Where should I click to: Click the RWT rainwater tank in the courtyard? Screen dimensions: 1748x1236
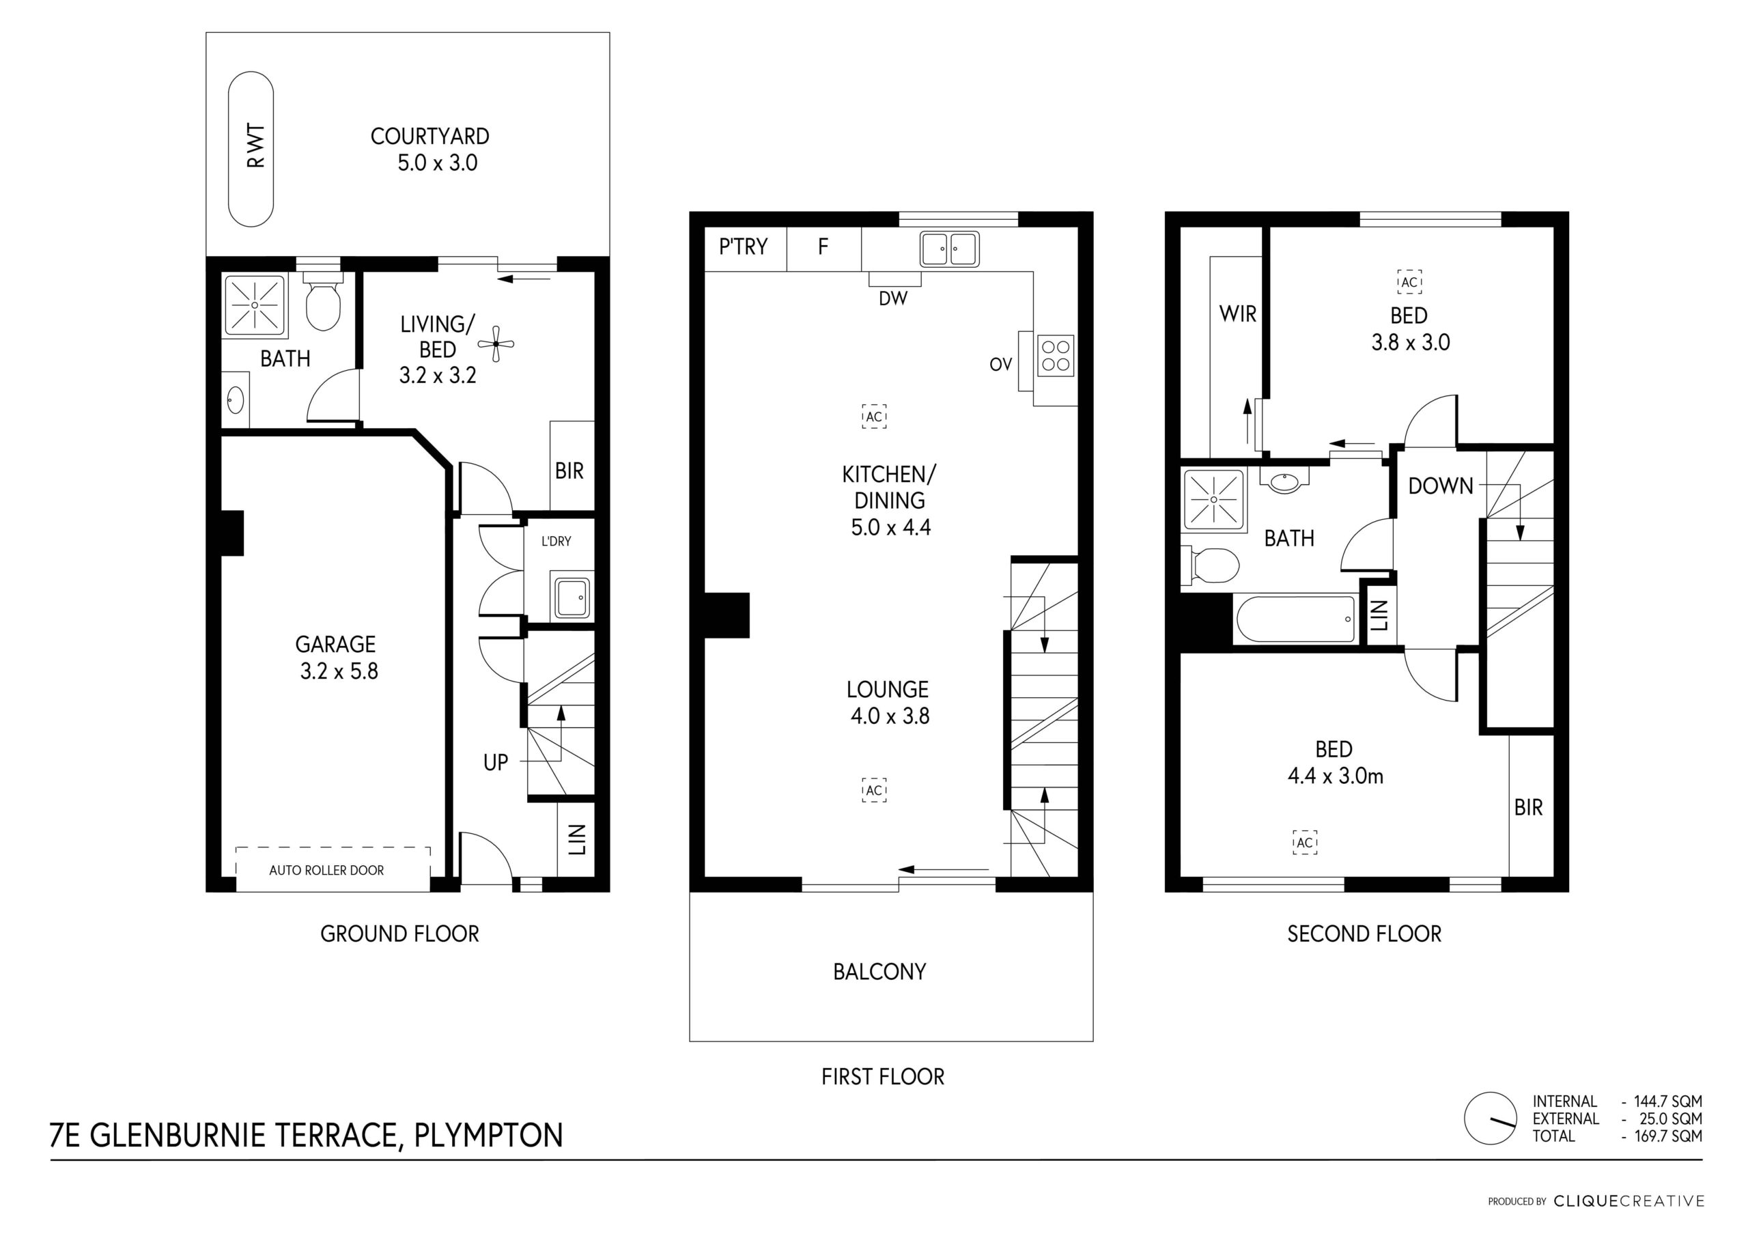251,150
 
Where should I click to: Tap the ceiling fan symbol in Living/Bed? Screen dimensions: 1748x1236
496,344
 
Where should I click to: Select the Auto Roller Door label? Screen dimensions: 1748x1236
326,870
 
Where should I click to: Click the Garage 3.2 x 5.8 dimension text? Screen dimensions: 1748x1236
339,671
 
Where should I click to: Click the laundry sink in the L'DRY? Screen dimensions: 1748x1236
571,598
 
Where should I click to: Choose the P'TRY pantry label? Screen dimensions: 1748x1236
743,247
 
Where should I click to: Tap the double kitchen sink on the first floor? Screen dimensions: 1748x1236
949,249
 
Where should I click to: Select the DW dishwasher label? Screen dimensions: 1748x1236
893,298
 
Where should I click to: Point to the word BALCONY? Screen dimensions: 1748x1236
879,972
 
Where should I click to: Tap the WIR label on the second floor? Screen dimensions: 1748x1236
1238,313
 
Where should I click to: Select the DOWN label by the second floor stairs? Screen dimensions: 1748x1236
1441,486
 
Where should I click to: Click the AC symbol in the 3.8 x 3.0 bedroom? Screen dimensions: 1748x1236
1409,282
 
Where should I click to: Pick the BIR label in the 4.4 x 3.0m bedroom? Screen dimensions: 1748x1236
1528,807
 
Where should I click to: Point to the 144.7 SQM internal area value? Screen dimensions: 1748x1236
1668,1101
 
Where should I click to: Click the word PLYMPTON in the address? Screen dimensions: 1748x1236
488,1135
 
